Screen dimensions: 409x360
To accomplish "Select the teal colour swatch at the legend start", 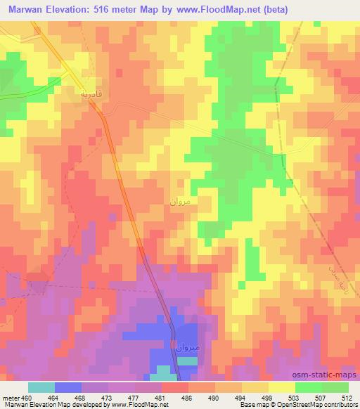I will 41,387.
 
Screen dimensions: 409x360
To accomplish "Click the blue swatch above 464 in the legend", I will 67,387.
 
